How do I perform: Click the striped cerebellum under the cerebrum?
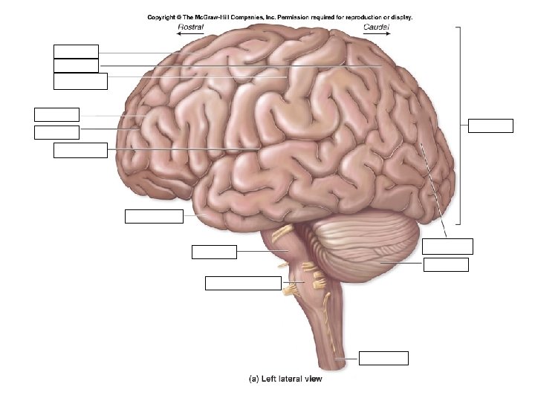372,249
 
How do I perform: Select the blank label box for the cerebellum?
446,264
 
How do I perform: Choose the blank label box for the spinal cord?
383,358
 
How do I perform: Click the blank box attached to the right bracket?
491,125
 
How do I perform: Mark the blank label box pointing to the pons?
214,252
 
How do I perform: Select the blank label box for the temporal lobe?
154,216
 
